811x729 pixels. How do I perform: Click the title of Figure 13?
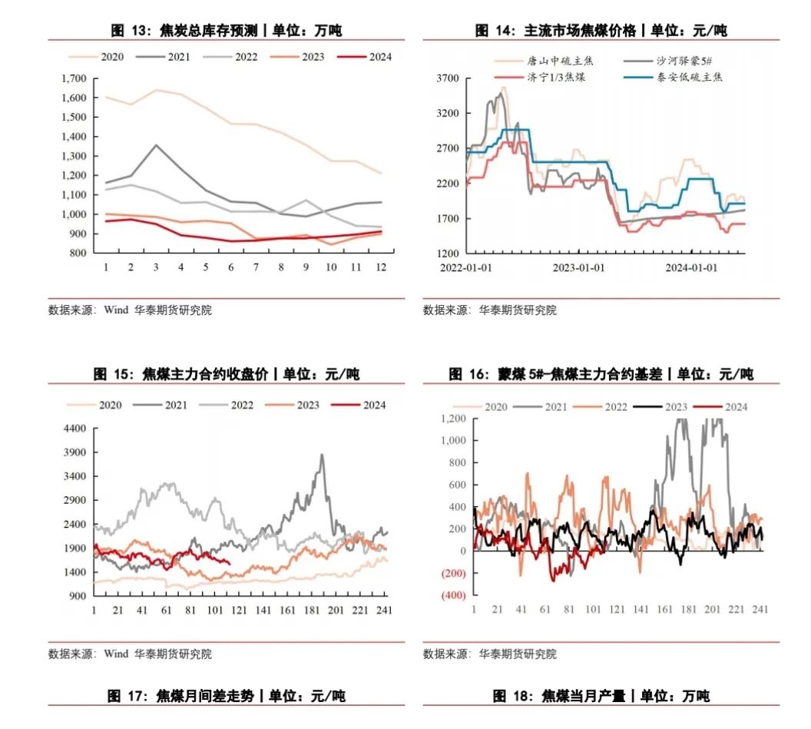pos(226,31)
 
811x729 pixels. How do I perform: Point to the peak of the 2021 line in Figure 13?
pos(156,144)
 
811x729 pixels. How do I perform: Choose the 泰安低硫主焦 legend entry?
pos(676,77)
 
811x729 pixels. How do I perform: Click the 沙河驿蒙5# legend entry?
pos(677,60)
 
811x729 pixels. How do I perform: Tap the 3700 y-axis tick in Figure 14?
pos(447,78)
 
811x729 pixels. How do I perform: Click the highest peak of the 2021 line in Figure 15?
pos(322,455)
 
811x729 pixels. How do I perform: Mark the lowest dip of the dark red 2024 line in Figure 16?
pos(553,580)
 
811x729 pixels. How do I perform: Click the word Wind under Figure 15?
pos(116,654)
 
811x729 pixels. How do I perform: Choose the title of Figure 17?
pos(226,696)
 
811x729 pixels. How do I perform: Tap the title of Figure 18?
pos(601,696)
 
